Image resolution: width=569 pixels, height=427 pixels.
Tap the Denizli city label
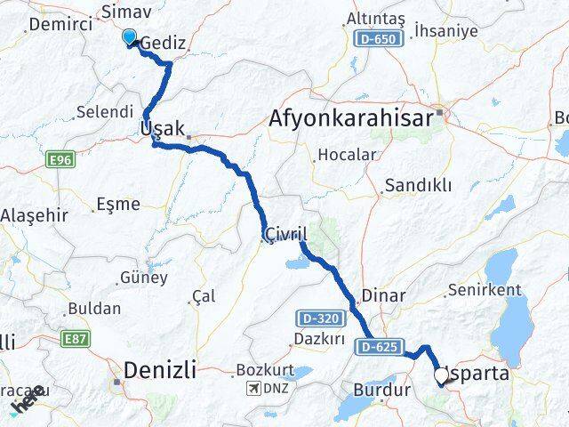[x=161, y=367]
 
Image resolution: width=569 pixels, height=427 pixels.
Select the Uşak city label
[x=162, y=130]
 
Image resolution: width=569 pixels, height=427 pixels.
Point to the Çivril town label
[x=284, y=234]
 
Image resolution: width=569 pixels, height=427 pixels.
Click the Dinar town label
[x=384, y=295]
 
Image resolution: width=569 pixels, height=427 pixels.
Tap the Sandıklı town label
[x=417, y=186]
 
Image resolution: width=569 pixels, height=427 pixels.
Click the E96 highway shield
[x=59, y=158]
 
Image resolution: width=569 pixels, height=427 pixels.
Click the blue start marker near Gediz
[x=129, y=37]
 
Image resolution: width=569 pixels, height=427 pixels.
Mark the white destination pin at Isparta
[x=441, y=377]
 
